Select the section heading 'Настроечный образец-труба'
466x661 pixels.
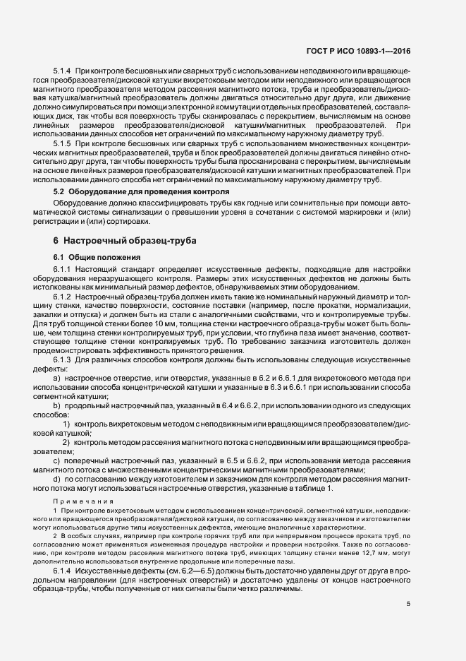coord(128,241)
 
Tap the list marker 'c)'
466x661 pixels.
coord(57,460)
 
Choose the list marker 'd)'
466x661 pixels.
coord(57,479)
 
